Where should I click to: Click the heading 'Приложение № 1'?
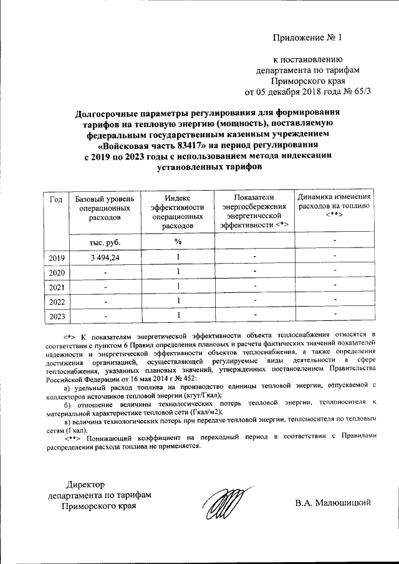pos(308,37)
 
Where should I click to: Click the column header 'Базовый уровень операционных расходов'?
pos(104,208)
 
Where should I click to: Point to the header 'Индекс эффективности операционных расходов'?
pos(178,212)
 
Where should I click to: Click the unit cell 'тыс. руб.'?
pos(104,241)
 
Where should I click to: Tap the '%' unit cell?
pos(178,241)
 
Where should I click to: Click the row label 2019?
pos(55,257)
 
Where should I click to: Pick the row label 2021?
pos(55,287)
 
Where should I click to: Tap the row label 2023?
pos(55,316)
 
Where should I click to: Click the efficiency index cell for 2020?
pos(178,272)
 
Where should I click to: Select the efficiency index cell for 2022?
pos(178,301)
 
